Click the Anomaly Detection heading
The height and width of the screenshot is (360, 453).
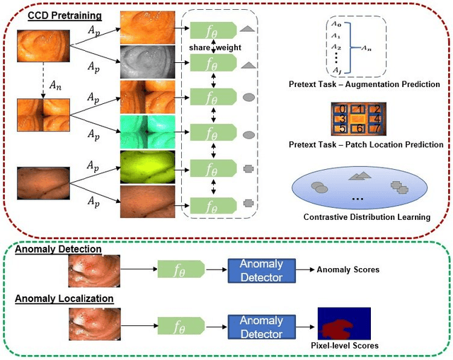pos(58,249)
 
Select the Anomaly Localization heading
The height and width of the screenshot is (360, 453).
pos(64,298)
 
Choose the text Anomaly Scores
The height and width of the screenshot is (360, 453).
pos(348,269)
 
